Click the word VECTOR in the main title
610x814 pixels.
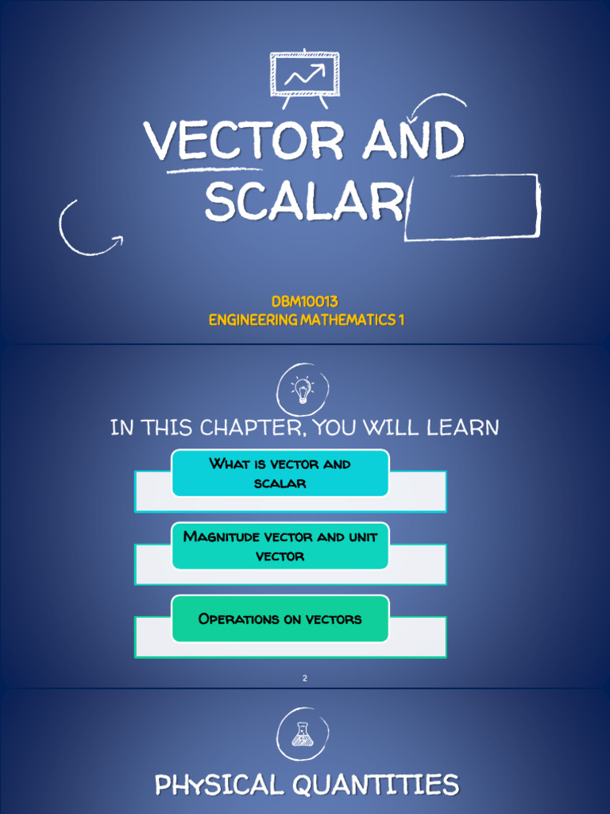coord(244,141)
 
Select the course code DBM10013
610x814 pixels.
coord(305,302)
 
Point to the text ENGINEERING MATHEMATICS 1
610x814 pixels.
coord(306,320)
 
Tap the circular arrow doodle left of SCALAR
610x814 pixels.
coord(86,228)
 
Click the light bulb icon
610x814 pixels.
coord(302,390)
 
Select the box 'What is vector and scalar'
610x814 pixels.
coord(280,473)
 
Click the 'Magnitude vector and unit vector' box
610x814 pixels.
coord(280,546)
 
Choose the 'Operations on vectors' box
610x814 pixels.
coord(280,618)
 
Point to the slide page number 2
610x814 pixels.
coord(304,678)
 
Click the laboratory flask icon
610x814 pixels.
coord(302,734)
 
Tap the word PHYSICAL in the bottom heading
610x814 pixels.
coord(218,785)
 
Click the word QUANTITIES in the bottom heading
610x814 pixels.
coord(376,785)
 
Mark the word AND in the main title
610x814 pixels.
coord(413,141)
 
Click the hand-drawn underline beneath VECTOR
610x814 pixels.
coord(214,169)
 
